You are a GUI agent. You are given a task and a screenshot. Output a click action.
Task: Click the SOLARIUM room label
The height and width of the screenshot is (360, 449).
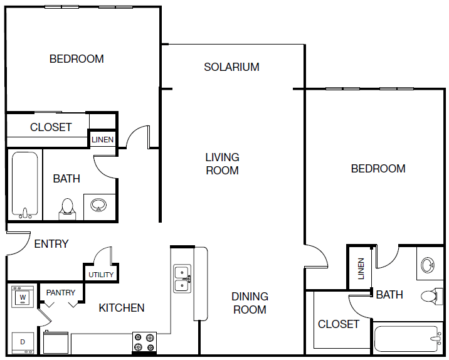[231, 67]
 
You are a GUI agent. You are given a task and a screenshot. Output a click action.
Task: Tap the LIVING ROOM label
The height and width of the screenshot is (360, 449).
[222, 164]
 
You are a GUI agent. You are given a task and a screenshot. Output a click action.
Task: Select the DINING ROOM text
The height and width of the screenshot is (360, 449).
[250, 303]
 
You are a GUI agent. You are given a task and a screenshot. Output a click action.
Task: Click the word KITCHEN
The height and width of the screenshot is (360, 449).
[122, 308]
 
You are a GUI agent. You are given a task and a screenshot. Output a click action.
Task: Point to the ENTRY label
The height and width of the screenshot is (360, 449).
[51, 244]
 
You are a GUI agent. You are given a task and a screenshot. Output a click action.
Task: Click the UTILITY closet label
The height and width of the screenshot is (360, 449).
[101, 275]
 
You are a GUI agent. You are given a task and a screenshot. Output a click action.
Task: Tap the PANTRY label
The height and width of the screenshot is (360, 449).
[61, 293]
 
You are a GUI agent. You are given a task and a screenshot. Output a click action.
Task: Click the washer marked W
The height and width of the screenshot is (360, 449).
[23, 297]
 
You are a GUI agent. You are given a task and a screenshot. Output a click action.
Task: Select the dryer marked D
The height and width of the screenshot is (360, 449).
[23, 343]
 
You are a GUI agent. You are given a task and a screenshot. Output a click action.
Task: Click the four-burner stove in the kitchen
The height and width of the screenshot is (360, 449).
[144, 343]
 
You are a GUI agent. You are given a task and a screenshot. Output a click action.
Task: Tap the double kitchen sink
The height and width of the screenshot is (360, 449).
[182, 278]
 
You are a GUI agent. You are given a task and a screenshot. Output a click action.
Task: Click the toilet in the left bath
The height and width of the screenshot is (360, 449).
[67, 209]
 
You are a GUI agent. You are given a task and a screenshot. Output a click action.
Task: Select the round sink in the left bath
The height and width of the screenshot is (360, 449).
[98, 205]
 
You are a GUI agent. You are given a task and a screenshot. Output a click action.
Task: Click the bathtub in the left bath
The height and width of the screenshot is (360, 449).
[25, 185]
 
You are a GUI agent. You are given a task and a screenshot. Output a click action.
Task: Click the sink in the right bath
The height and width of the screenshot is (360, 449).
[428, 265]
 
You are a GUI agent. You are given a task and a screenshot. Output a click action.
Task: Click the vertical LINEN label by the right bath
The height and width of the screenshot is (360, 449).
[361, 268]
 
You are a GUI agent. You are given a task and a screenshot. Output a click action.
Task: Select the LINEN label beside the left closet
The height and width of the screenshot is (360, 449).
[102, 140]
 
